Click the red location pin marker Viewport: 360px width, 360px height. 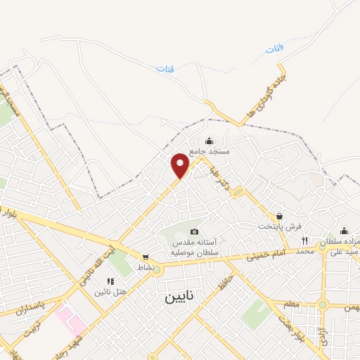click(181, 165)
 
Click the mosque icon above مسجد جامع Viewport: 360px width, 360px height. click(209, 141)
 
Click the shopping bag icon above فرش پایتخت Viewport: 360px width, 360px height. click(280, 216)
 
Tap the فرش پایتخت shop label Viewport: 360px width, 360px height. click(279, 226)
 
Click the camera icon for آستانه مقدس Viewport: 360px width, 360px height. click(194, 232)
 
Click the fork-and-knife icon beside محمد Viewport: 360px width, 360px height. click(304, 240)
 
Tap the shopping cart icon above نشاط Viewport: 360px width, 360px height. click(146, 257)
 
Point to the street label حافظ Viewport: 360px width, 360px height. click(224, 285)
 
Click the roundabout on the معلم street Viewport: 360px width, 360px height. click(323, 304)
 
